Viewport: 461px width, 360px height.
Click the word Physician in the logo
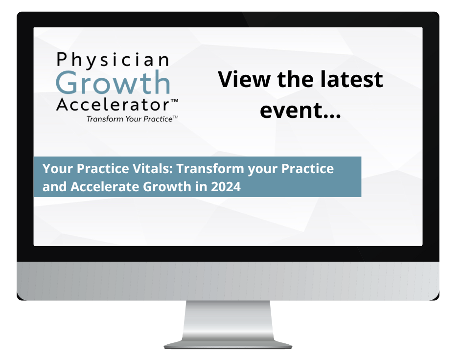(113, 60)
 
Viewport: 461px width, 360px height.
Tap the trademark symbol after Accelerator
(173, 101)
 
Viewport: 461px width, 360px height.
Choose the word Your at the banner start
(54, 169)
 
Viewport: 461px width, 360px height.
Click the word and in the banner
(52, 186)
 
